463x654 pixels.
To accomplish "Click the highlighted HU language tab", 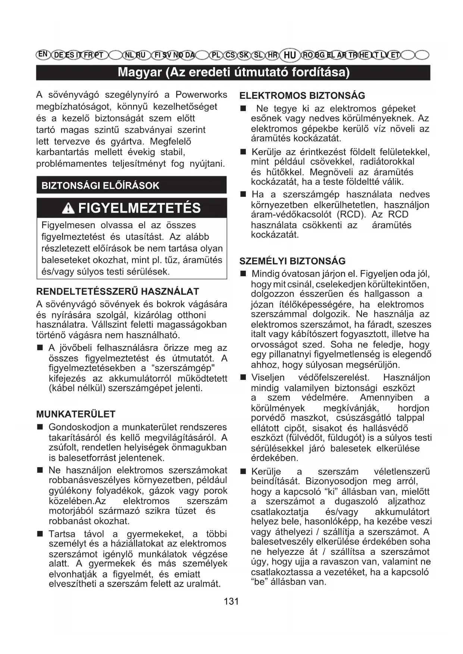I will coord(290,55).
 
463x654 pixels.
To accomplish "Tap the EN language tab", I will coord(43,54).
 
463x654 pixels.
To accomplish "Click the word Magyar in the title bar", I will coord(140,72).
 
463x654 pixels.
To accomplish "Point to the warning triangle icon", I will coord(68,208).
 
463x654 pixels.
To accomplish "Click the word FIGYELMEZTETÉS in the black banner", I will coord(140,208).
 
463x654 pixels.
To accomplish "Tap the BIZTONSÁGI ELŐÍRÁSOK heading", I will coord(100,186).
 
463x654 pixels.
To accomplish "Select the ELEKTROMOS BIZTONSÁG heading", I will coord(302,96).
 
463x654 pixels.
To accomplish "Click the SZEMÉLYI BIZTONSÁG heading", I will coord(292,261).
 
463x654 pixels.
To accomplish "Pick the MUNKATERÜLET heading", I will coord(76,414).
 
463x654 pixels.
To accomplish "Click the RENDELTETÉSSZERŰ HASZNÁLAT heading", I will coord(118,292).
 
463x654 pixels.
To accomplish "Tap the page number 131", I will coord(231,601).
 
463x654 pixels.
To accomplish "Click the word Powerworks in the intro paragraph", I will coord(201,95).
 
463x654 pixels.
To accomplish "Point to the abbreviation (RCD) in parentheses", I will coord(350,215).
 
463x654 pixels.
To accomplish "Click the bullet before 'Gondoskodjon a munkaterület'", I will coord(40,427).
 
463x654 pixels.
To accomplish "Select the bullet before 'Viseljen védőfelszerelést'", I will coord(243,378).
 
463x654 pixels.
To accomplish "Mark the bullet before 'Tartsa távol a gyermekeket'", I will coord(40,534).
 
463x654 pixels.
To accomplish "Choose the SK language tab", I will coord(244,55).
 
